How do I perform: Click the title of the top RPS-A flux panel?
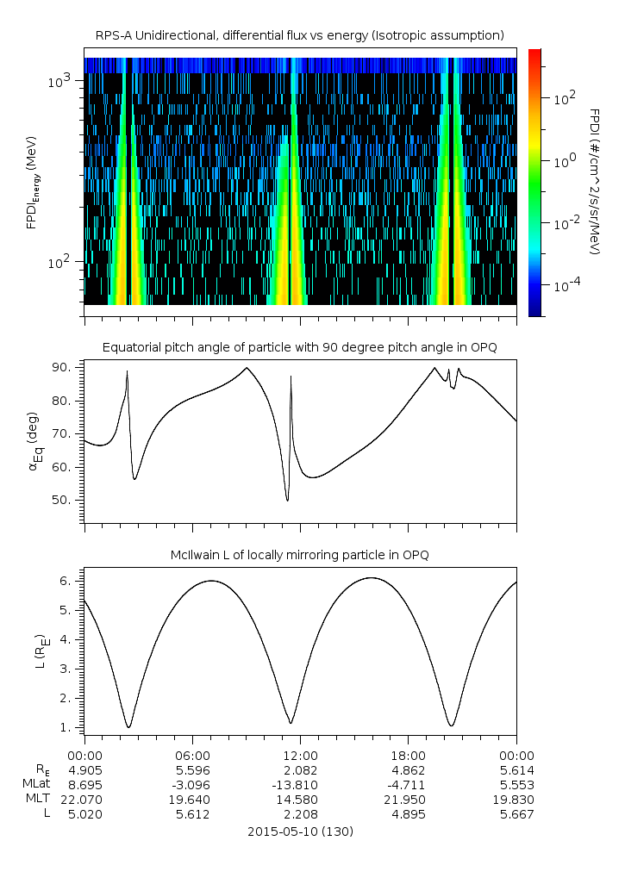[299, 35]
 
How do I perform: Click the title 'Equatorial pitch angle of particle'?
[299, 347]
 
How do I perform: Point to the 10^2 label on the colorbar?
[565, 99]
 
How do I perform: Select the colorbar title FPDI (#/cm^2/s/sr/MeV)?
[594, 181]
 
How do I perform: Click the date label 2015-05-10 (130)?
[299, 831]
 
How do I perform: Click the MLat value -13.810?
[300, 785]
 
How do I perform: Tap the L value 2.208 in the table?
[300, 814]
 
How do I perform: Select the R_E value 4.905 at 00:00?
[84, 770]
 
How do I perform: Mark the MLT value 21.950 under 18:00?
[408, 800]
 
